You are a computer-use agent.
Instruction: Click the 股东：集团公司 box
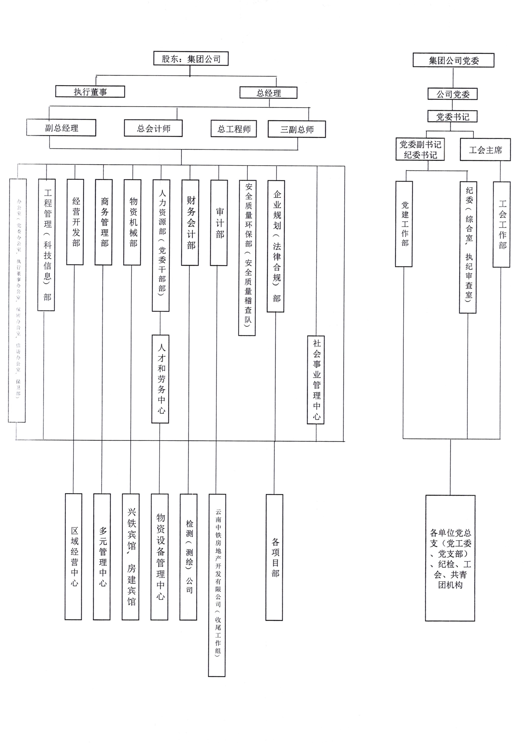click(x=191, y=59)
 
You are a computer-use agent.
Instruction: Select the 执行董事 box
click(x=90, y=92)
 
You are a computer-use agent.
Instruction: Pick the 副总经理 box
click(x=61, y=128)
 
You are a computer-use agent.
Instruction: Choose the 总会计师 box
click(x=153, y=129)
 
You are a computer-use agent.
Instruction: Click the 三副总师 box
click(x=297, y=129)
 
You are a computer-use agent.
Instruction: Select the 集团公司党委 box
click(x=453, y=60)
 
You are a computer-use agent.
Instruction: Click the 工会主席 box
click(x=485, y=150)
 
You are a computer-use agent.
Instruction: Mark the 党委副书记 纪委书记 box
click(x=420, y=149)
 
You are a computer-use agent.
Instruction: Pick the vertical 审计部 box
click(x=219, y=223)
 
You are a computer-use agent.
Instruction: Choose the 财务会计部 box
click(x=190, y=223)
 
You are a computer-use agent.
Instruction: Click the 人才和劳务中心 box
click(x=160, y=379)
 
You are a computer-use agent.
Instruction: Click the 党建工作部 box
click(x=404, y=224)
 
